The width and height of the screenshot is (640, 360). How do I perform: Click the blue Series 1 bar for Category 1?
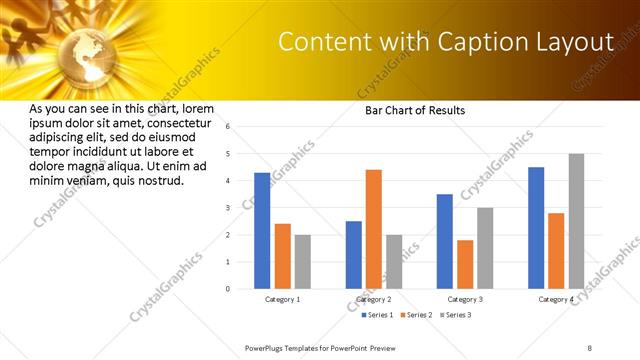coord(262,231)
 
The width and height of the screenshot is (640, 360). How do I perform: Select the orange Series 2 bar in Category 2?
coord(374,229)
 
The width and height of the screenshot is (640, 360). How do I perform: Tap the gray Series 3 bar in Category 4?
coord(576,221)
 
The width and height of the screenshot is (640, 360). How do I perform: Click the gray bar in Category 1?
coord(302,262)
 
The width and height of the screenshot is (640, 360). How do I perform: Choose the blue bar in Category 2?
coord(354,255)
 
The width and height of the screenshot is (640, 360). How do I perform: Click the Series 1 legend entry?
coord(379,316)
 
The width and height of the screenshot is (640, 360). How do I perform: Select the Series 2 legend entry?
coord(417,316)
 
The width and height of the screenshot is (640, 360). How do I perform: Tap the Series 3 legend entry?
coord(455,316)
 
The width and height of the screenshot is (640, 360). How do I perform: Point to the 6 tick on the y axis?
coord(228,127)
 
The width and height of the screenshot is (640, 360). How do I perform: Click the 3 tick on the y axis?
coord(228,208)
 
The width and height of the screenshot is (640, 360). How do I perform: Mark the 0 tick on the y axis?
coord(228,289)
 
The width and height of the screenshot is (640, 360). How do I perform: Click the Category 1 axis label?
coord(282,299)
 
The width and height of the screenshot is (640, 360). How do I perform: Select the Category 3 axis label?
coord(465,299)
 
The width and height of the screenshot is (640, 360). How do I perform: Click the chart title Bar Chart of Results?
coord(414,110)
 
